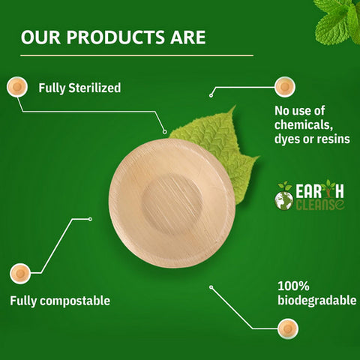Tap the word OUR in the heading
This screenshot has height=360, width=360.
click(x=40, y=37)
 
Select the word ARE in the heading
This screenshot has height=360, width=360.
click(x=188, y=37)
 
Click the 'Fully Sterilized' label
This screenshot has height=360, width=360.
click(x=79, y=88)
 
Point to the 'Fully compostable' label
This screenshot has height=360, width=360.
click(x=60, y=301)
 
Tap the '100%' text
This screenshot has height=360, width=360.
click(x=293, y=286)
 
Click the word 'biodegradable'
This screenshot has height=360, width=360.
click(x=317, y=300)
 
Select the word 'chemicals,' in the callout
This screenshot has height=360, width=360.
click(x=304, y=124)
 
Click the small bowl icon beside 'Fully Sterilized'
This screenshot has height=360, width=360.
click(x=17, y=87)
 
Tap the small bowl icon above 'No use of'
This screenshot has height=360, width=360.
click(x=285, y=87)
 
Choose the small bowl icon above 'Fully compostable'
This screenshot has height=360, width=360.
click(x=20, y=273)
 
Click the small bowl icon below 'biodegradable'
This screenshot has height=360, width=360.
click(x=288, y=328)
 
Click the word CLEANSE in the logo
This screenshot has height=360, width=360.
click(x=320, y=205)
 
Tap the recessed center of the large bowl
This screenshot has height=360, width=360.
click(x=172, y=205)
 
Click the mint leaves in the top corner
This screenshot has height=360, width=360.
click(x=337, y=21)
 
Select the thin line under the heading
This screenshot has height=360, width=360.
click(x=136, y=55)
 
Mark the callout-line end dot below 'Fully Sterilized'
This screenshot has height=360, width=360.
click(x=164, y=132)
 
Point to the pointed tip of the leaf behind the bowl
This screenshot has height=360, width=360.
click(x=235, y=106)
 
